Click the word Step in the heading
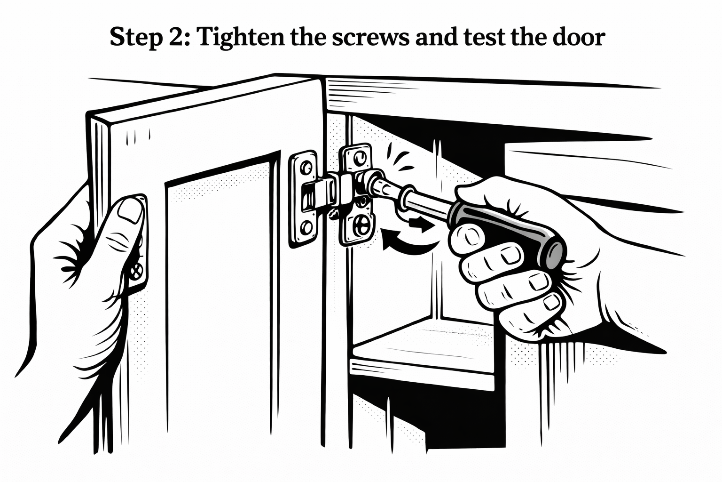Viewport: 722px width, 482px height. pyautogui.click(x=133, y=37)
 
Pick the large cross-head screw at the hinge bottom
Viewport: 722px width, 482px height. pyautogui.click(x=361, y=225)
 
